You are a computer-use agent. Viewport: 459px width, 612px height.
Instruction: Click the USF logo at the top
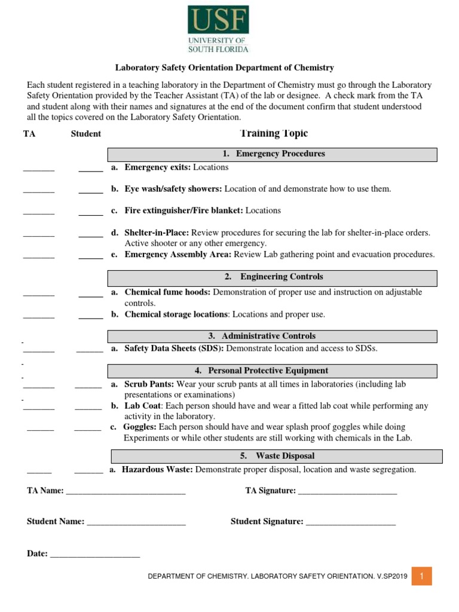click(218, 29)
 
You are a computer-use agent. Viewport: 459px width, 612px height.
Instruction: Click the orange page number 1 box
click(421, 576)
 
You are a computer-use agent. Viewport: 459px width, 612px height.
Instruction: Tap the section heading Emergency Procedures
click(273, 154)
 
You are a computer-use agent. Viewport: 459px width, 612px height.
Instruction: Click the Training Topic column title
click(274, 133)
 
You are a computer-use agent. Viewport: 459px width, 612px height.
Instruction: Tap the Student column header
click(86, 134)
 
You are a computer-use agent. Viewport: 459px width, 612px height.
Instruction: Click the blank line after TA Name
click(126, 491)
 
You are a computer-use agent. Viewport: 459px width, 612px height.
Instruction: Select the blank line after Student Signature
click(350, 522)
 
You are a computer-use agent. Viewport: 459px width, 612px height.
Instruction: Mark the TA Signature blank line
click(347, 491)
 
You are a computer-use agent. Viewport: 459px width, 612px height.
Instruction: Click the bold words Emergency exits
click(157, 168)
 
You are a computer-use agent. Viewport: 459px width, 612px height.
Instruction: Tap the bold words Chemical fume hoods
click(167, 293)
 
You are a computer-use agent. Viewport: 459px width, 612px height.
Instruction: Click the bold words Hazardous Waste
click(157, 470)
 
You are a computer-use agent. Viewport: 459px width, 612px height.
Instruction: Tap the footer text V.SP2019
click(391, 577)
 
